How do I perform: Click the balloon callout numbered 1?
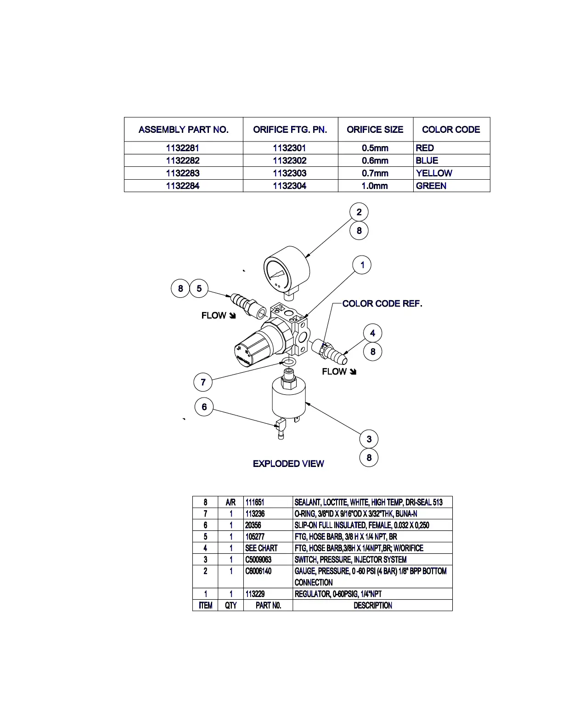(362, 265)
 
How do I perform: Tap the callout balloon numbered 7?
(203, 382)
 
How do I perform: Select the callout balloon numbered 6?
(204, 407)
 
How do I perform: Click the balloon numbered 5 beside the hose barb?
(199, 289)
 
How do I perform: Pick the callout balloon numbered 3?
(369, 439)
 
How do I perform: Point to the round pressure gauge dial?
(280, 276)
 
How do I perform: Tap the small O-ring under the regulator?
(288, 362)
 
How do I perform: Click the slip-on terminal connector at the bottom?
(280, 427)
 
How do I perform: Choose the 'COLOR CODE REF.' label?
(382, 304)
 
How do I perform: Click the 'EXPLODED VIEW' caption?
(288, 464)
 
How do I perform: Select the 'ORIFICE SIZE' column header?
(375, 130)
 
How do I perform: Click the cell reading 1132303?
(289, 173)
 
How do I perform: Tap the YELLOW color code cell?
(434, 173)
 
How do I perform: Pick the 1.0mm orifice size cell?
(375, 186)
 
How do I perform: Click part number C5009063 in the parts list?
(259, 559)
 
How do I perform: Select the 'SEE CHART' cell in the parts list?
(261, 548)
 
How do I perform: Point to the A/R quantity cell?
(230, 502)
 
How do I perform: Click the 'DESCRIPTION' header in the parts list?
(372, 605)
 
